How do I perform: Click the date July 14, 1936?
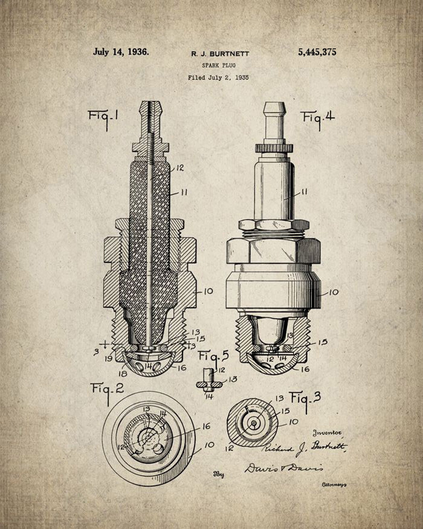point(121,52)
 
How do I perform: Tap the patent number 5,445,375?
point(317,52)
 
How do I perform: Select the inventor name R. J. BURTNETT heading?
point(220,54)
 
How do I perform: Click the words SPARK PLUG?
point(218,65)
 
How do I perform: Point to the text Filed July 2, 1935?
point(218,78)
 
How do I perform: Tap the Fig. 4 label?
point(318,117)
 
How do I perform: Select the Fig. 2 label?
point(108,389)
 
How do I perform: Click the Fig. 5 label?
point(213,356)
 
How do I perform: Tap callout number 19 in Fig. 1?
point(108,359)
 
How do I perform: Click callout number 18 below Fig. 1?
point(123,374)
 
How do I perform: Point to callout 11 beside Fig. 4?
point(304,192)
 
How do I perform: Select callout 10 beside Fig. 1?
point(208,291)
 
